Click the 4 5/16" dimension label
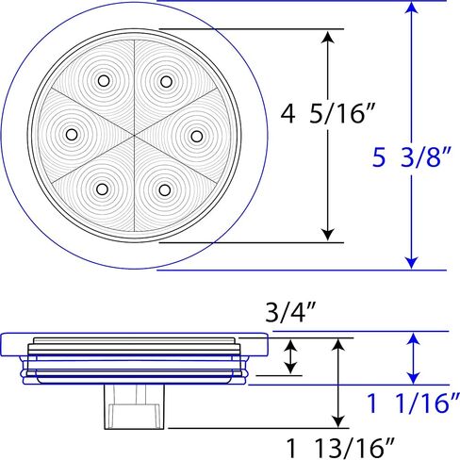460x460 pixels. tap(328, 114)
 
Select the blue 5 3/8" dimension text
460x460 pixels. tap(412, 156)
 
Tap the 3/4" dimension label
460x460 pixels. tap(289, 312)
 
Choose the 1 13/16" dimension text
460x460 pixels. tap(340, 448)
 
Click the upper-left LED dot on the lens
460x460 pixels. tap(104, 81)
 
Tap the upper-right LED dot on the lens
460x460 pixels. tap(166, 82)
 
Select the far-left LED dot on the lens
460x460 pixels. tap(72, 135)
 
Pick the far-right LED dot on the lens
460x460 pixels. tap(197, 136)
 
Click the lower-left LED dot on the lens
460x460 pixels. tap(102, 189)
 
